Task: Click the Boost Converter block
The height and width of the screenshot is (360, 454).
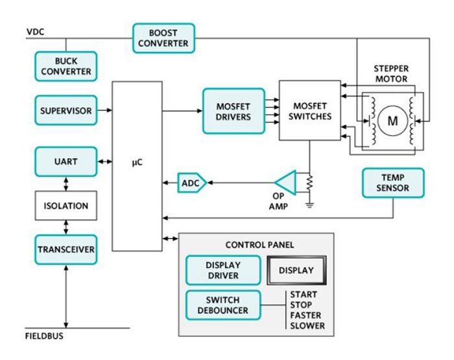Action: pos(163,38)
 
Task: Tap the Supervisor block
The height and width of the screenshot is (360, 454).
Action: pos(66,110)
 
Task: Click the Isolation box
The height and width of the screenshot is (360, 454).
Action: pos(66,206)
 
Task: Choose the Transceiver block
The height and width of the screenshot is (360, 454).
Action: pos(66,249)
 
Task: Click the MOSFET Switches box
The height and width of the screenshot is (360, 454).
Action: pos(309,110)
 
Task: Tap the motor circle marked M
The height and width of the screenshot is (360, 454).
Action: pos(392,121)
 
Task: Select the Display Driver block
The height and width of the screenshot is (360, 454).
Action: pos(222,270)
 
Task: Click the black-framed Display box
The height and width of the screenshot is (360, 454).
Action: pos(296,270)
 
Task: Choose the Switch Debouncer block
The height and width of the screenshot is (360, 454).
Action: pos(222,306)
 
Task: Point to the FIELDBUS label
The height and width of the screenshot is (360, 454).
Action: pos(43,336)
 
